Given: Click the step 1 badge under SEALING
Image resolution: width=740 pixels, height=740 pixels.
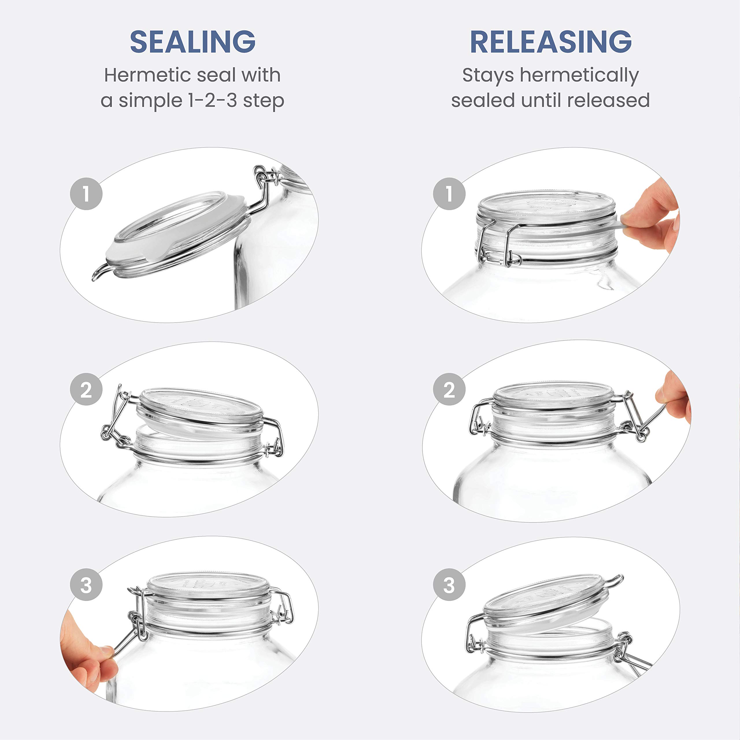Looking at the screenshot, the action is (86, 193).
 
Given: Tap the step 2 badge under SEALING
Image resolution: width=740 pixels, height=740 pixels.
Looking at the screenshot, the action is (86, 390).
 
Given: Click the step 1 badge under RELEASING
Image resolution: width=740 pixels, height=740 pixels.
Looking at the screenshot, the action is (449, 193).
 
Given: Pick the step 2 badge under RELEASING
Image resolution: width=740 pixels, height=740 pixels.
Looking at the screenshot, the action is (449, 390).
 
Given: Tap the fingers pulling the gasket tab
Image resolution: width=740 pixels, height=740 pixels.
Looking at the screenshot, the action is (651, 218).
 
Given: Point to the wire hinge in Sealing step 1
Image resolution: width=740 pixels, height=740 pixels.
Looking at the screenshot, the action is (264, 190).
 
